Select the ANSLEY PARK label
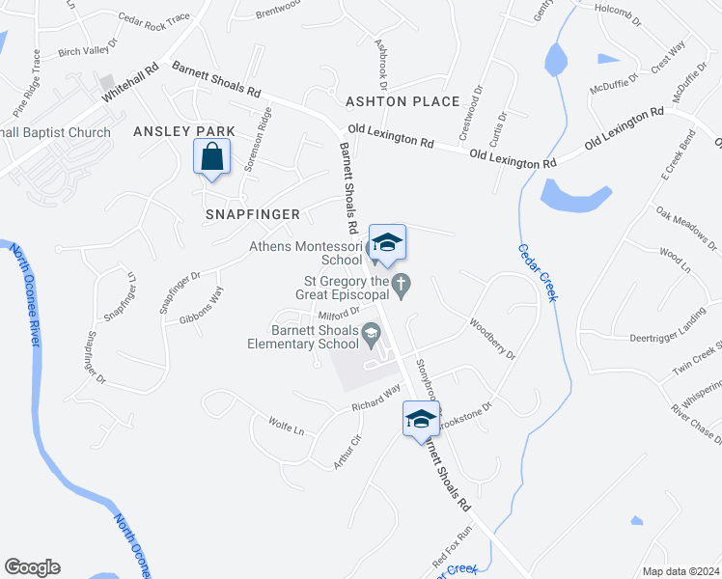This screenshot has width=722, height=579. point(171,131)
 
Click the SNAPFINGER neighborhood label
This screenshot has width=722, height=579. point(253,213)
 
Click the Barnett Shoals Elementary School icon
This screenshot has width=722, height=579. point(370,334)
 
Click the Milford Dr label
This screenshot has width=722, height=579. point(338,312)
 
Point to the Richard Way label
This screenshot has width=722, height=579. point(375,398)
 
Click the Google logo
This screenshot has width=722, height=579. point(32,567)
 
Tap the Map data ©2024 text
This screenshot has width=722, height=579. point(680,571)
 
